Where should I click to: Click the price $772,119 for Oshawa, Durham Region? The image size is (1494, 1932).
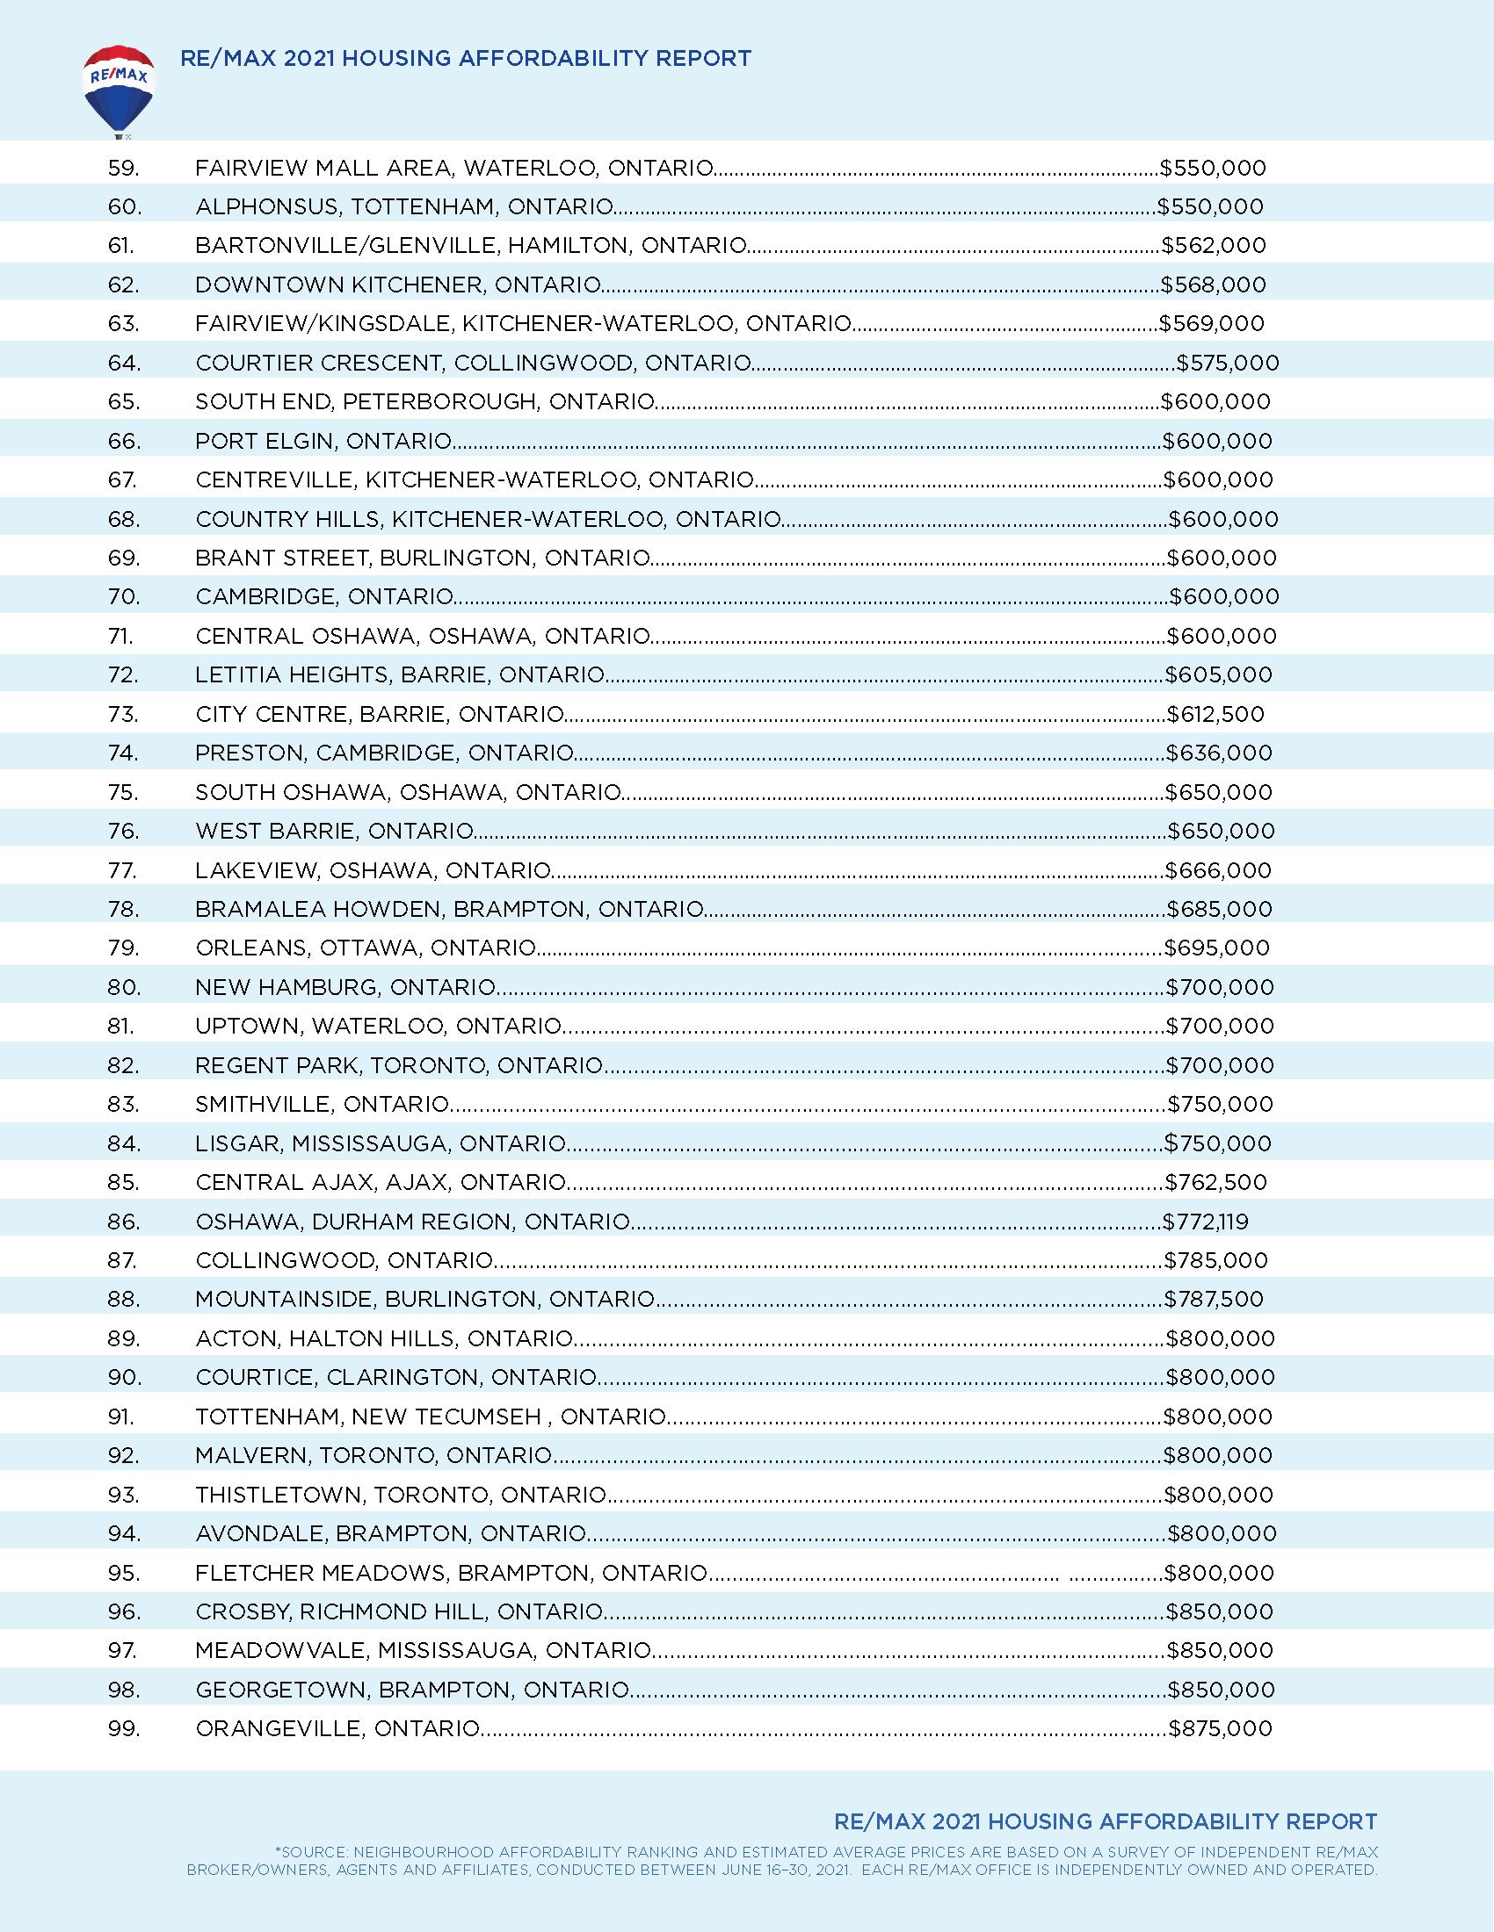(x=1206, y=1222)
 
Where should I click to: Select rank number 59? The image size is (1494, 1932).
(x=124, y=168)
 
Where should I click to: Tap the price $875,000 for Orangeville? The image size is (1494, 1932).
(x=1221, y=1728)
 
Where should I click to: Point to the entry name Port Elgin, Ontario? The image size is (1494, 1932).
(x=324, y=441)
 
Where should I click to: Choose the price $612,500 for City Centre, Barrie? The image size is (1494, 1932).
(x=1215, y=714)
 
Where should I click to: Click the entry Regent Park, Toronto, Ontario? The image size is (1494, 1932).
(x=399, y=1065)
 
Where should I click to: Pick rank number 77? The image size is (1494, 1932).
(x=123, y=870)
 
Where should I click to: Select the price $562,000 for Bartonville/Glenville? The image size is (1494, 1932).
(x=1214, y=245)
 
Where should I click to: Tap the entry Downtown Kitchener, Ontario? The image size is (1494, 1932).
(x=398, y=285)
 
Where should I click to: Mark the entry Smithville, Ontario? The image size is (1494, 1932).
(x=323, y=1104)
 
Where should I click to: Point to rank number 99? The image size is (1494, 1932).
(x=124, y=1728)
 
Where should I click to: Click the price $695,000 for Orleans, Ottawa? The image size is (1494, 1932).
(x=1217, y=948)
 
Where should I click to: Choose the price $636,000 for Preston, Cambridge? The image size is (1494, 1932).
(x=1219, y=753)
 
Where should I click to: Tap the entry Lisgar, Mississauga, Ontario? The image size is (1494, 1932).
(x=381, y=1143)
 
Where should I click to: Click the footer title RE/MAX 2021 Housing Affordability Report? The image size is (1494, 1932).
(x=1106, y=1821)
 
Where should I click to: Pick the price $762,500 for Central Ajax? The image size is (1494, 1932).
(x=1216, y=1182)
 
